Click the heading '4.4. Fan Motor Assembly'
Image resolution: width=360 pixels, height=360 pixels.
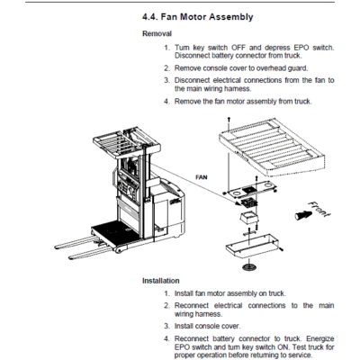click(197, 17)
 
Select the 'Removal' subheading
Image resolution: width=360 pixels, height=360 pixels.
click(157, 33)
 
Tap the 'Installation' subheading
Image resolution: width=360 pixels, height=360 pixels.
click(161, 281)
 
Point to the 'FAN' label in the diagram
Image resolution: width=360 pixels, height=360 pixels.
click(202, 177)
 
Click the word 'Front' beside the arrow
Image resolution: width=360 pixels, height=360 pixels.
click(319, 209)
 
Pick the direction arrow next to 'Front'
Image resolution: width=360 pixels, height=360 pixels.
click(301, 215)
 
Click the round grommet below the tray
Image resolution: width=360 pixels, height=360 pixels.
click(248, 266)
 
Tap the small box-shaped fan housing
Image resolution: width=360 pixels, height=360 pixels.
click(249, 218)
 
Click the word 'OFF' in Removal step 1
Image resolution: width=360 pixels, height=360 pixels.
click(238, 48)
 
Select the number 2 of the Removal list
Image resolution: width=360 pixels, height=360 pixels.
click(166, 68)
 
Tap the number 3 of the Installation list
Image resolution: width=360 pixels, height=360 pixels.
click(166, 326)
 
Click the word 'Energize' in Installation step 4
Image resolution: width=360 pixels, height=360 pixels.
click(320, 339)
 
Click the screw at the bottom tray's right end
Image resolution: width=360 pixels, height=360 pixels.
click(281, 249)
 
